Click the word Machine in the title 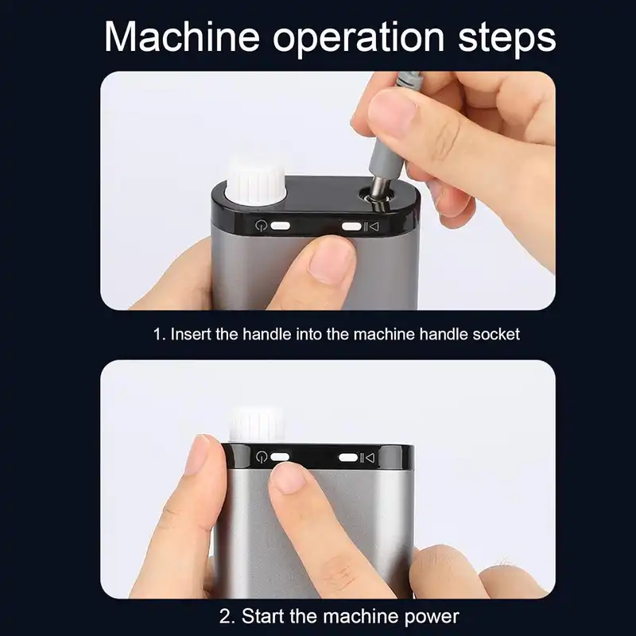182,37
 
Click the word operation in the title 359,39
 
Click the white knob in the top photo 256,182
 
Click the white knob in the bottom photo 257,424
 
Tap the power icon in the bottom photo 262,457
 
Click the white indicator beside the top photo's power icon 280,226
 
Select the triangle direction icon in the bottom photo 370,458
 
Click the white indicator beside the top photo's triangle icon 351,226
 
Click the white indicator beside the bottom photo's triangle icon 348,458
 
